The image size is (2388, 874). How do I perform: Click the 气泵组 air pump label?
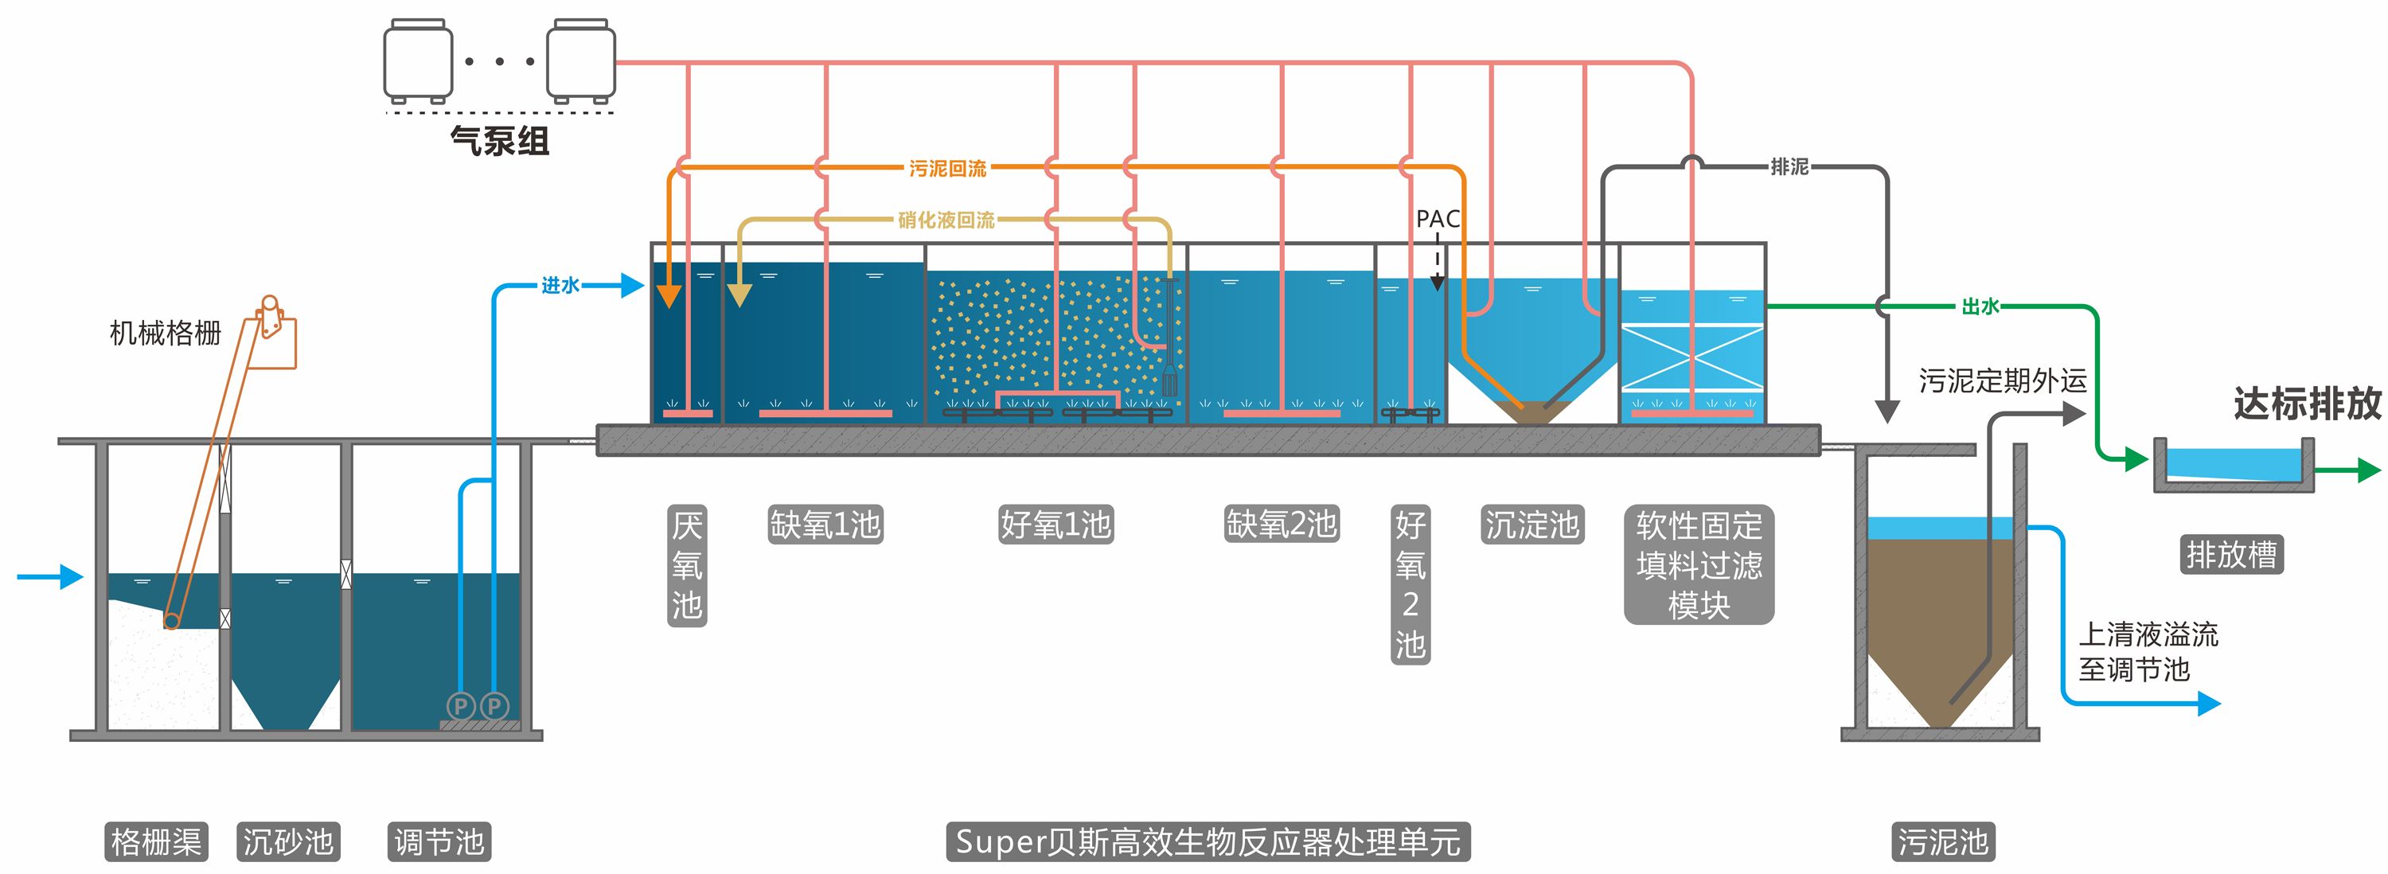500,142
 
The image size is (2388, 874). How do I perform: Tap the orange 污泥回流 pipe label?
946,169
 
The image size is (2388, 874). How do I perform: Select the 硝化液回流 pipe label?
946,220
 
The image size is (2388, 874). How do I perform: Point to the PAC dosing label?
1437,220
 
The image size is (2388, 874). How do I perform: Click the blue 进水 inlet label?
560,286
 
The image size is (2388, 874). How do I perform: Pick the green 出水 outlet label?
1980,306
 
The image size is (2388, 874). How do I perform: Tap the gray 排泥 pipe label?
1789,167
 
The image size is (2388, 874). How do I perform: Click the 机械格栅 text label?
165,333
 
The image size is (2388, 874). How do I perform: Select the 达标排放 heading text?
2307,404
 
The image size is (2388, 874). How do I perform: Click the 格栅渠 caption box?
156,841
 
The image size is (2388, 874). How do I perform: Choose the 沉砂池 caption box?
287,841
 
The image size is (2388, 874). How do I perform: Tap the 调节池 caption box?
439,841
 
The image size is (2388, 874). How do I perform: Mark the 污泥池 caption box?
1942,841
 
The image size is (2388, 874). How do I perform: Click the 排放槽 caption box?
2230,554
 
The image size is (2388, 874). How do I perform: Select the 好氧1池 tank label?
1055,525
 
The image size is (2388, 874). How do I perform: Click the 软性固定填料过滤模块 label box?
1699,564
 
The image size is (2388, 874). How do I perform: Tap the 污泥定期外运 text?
2003,380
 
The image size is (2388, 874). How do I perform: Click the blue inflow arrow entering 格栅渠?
50,576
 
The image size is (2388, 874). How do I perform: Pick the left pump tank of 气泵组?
418,61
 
